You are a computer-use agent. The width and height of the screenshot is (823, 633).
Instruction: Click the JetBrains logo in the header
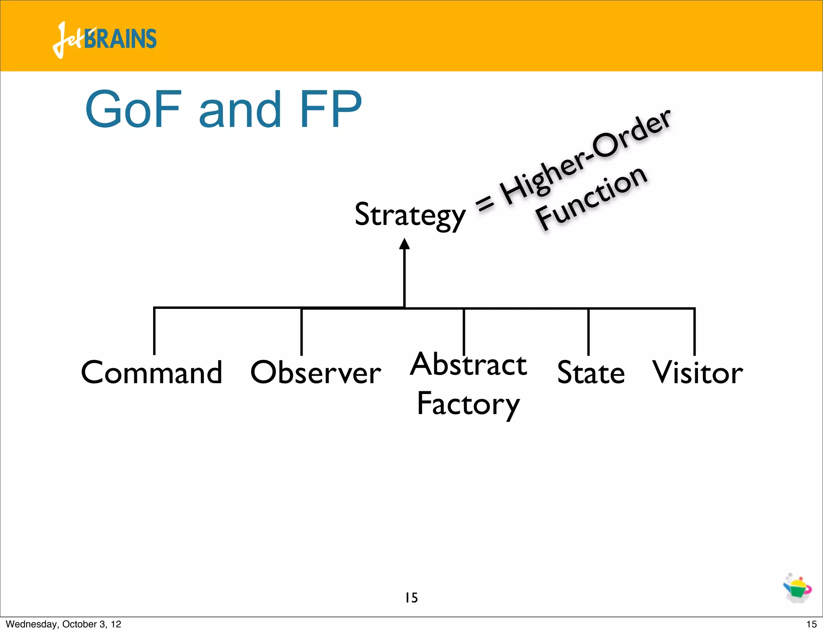(104, 39)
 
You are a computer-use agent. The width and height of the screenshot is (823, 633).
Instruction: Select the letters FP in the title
(330, 109)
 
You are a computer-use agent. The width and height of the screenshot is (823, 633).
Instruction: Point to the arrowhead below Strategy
(404, 244)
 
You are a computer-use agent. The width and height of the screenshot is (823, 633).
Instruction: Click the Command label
(151, 372)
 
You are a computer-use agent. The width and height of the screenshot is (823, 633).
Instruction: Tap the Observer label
(315, 372)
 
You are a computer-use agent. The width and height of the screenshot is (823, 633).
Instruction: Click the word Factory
(469, 404)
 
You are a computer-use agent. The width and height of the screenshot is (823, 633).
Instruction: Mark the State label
(591, 372)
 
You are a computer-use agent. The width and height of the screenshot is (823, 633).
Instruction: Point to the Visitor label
(697, 372)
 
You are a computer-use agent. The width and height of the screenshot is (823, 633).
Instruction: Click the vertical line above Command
(154, 331)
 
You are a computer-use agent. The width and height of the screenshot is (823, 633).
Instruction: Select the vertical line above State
(588, 332)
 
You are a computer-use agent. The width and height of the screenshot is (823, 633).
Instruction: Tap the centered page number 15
(411, 598)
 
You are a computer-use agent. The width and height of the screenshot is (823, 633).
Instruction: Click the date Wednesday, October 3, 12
(63, 624)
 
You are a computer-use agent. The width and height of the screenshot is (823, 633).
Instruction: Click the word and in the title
(240, 109)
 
